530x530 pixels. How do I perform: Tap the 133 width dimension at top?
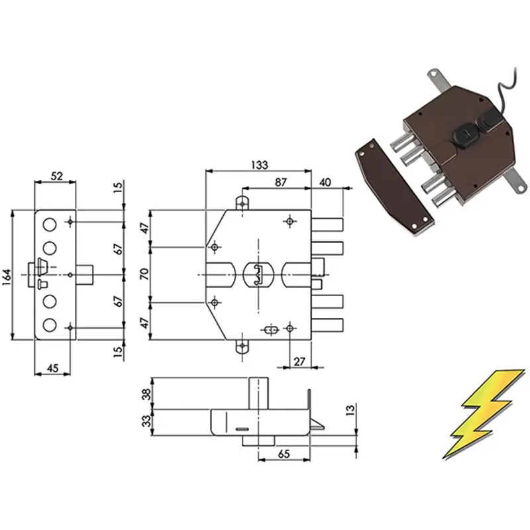pos(260,165)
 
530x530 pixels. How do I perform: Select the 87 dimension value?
pos(280,182)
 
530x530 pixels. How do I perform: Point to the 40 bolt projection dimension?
pos(325,182)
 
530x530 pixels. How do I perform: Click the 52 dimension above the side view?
pos(57,176)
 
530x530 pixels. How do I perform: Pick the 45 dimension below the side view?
pos(52,368)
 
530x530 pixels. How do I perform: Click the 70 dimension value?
pos(144,274)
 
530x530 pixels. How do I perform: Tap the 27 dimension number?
pos(299,362)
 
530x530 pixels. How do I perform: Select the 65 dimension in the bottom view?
pos(284,454)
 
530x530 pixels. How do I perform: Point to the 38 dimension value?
pos(146,394)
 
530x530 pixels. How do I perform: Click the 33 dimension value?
pos(146,421)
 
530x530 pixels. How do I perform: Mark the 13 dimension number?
pos(350,409)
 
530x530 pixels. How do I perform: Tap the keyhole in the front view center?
pos(258,274)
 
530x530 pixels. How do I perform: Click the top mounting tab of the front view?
pos(242,203)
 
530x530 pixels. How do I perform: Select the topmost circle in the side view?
pos(50,225)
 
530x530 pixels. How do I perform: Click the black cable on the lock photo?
pos(506,91)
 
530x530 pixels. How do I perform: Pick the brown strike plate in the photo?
pos(394,186)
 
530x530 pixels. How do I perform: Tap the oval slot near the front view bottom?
pos(270,329)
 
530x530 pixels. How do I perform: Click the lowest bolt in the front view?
pos(327,325)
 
